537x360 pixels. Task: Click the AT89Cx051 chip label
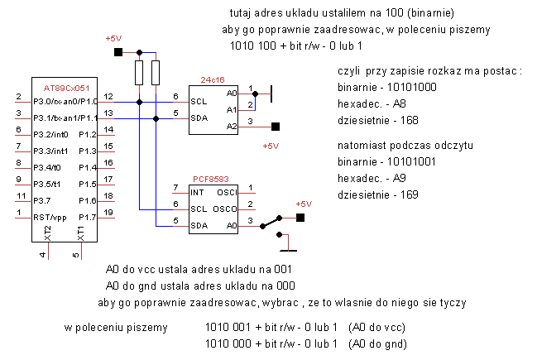point(66,89)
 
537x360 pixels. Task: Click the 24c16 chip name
point(213,79)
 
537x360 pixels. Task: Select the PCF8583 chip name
point(211,179)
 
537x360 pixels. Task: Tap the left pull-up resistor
point(139,73)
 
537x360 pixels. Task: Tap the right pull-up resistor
point(156,73)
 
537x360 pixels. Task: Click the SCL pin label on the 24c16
point(199,102)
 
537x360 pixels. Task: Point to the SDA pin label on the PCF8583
point(199,226)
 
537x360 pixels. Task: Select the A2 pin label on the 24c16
point(232,127)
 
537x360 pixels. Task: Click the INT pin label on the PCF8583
point(197,193)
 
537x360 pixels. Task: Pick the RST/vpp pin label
point(50,218)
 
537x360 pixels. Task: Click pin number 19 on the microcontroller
point(108,213)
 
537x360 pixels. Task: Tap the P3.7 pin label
point(41,201)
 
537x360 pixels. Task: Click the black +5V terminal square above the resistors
point(118,52)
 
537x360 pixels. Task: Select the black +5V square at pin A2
point(276,127)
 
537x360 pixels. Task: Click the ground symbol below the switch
point(289,251)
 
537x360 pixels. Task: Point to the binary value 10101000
point(412,88)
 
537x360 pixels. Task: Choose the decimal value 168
point(410,120)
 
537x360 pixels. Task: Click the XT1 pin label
point(81,233)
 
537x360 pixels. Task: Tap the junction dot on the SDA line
point(156,119)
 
